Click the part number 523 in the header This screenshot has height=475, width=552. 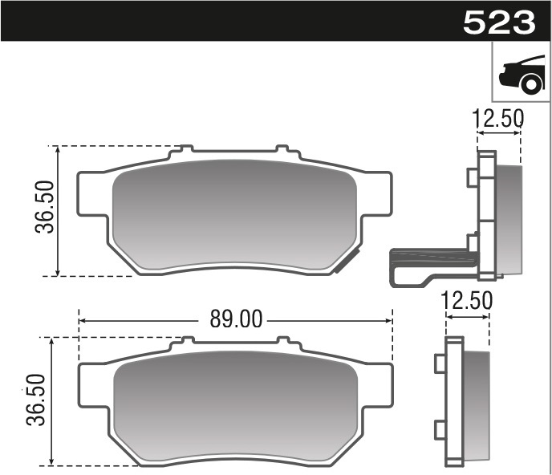499,22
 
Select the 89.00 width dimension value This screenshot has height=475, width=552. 236,319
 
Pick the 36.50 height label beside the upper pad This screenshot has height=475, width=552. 43,207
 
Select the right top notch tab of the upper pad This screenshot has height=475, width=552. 282,149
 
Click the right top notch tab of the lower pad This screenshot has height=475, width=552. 282,341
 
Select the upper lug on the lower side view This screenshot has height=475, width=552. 439,364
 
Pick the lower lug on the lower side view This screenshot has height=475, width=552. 439,429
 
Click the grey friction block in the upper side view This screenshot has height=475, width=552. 509,217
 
